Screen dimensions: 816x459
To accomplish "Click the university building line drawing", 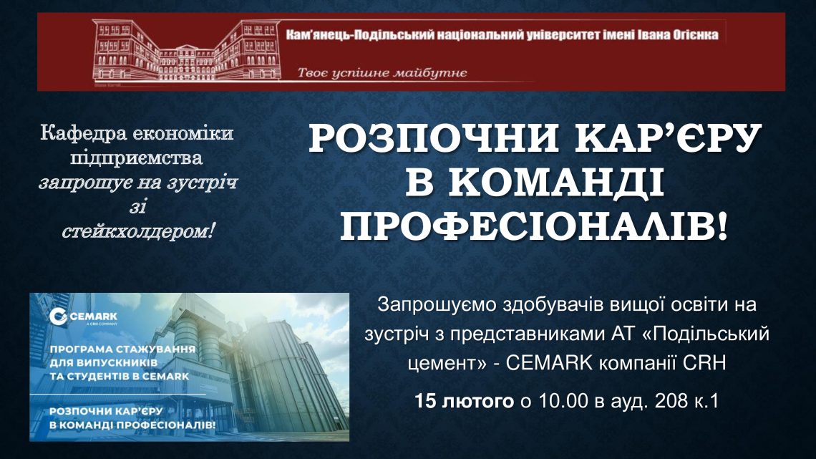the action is tap(186, 50).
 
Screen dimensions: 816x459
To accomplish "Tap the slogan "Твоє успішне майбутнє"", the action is tap(382, 72).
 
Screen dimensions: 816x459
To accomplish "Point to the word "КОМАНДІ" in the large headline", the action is tap(535, 183).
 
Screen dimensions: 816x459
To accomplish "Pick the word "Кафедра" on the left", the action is tap(83, 133).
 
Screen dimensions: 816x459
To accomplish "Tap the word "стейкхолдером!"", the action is tap(138, 231).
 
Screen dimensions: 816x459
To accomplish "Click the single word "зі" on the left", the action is tap(138, 206).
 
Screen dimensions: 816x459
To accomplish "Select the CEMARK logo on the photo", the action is tap(83, 317).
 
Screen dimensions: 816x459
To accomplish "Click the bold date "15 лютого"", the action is tap(465, 401).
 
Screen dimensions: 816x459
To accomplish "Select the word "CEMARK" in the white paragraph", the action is tap(549, 362).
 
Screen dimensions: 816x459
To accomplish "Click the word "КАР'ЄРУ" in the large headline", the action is tap(669, 139).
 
